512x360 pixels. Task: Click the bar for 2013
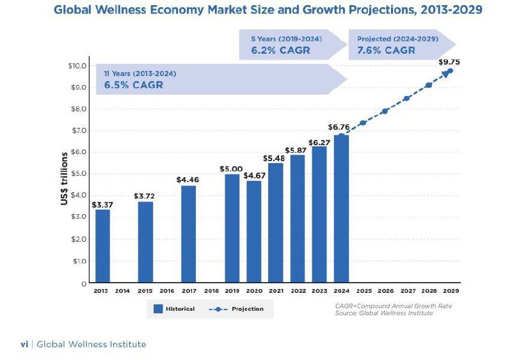(x=102, y=246)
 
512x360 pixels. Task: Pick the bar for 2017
(x=189, y=234)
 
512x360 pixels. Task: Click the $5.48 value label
(x=276, y=158)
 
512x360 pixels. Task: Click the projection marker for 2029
(x=450, y=71)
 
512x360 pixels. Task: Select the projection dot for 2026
(x=385, y=111)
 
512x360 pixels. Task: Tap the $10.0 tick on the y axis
(x=77, y=66)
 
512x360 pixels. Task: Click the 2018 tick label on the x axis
(x=211, y=291)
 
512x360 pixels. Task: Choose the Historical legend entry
(x=175, y=309)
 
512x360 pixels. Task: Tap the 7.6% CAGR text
(x=386, y=51)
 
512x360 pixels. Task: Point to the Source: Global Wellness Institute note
(x=384, y=313)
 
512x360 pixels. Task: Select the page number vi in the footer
(x=24, y=344)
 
